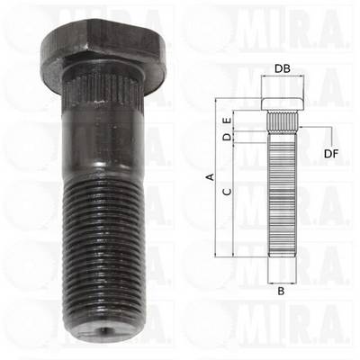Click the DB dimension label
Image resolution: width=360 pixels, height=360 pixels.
point(283,68)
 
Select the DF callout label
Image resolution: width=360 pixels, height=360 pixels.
point(331,154)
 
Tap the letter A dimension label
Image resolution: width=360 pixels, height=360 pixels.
point(211,176)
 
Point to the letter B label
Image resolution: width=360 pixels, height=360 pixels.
point(281,291)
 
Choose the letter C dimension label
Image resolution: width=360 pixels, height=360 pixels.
point(228,192)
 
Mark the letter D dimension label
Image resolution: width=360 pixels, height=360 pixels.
point(228,138)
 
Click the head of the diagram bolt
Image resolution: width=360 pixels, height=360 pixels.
point(283,103)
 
